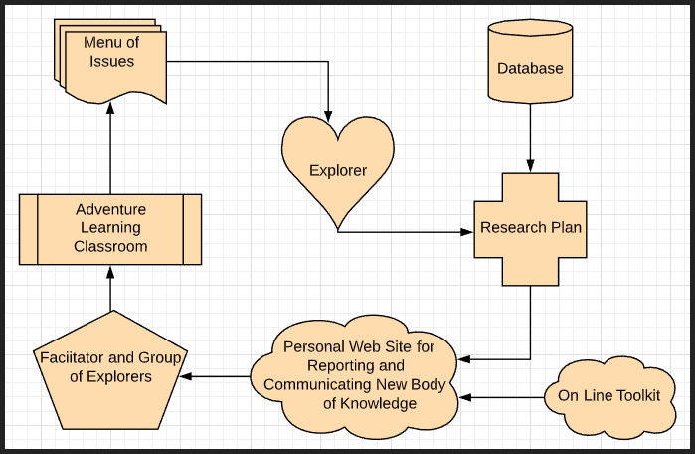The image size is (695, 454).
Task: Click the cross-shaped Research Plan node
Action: (530, 228)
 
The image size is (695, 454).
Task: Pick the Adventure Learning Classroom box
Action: (110, 229)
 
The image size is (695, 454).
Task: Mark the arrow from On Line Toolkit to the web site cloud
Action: (502, 397)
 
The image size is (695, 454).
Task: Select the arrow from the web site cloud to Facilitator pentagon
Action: (219, 376)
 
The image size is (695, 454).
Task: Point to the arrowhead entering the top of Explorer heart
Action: (327, 108)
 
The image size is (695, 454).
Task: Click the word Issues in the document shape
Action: (109, 62)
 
